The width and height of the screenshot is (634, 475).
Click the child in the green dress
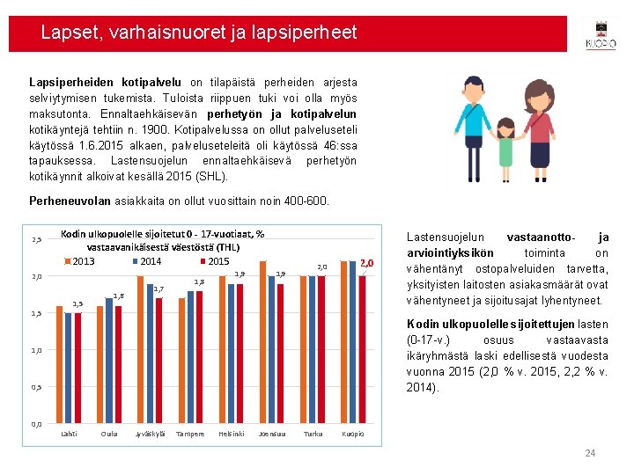tap(505, 144)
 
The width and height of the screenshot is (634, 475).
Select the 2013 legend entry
tap(79, 261)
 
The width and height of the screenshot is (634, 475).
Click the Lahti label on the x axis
tap(69, 434)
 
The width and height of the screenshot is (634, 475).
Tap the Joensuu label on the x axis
tap(270, 434)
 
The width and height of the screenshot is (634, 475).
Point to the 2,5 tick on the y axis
tap(37, 240)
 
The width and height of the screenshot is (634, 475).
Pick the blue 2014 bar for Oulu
tap(108, 361)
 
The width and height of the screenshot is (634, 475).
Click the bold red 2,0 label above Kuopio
tap(368, 262)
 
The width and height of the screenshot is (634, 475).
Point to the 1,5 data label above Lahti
tap(77, 304)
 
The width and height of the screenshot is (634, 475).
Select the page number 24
tap(590, 453)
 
